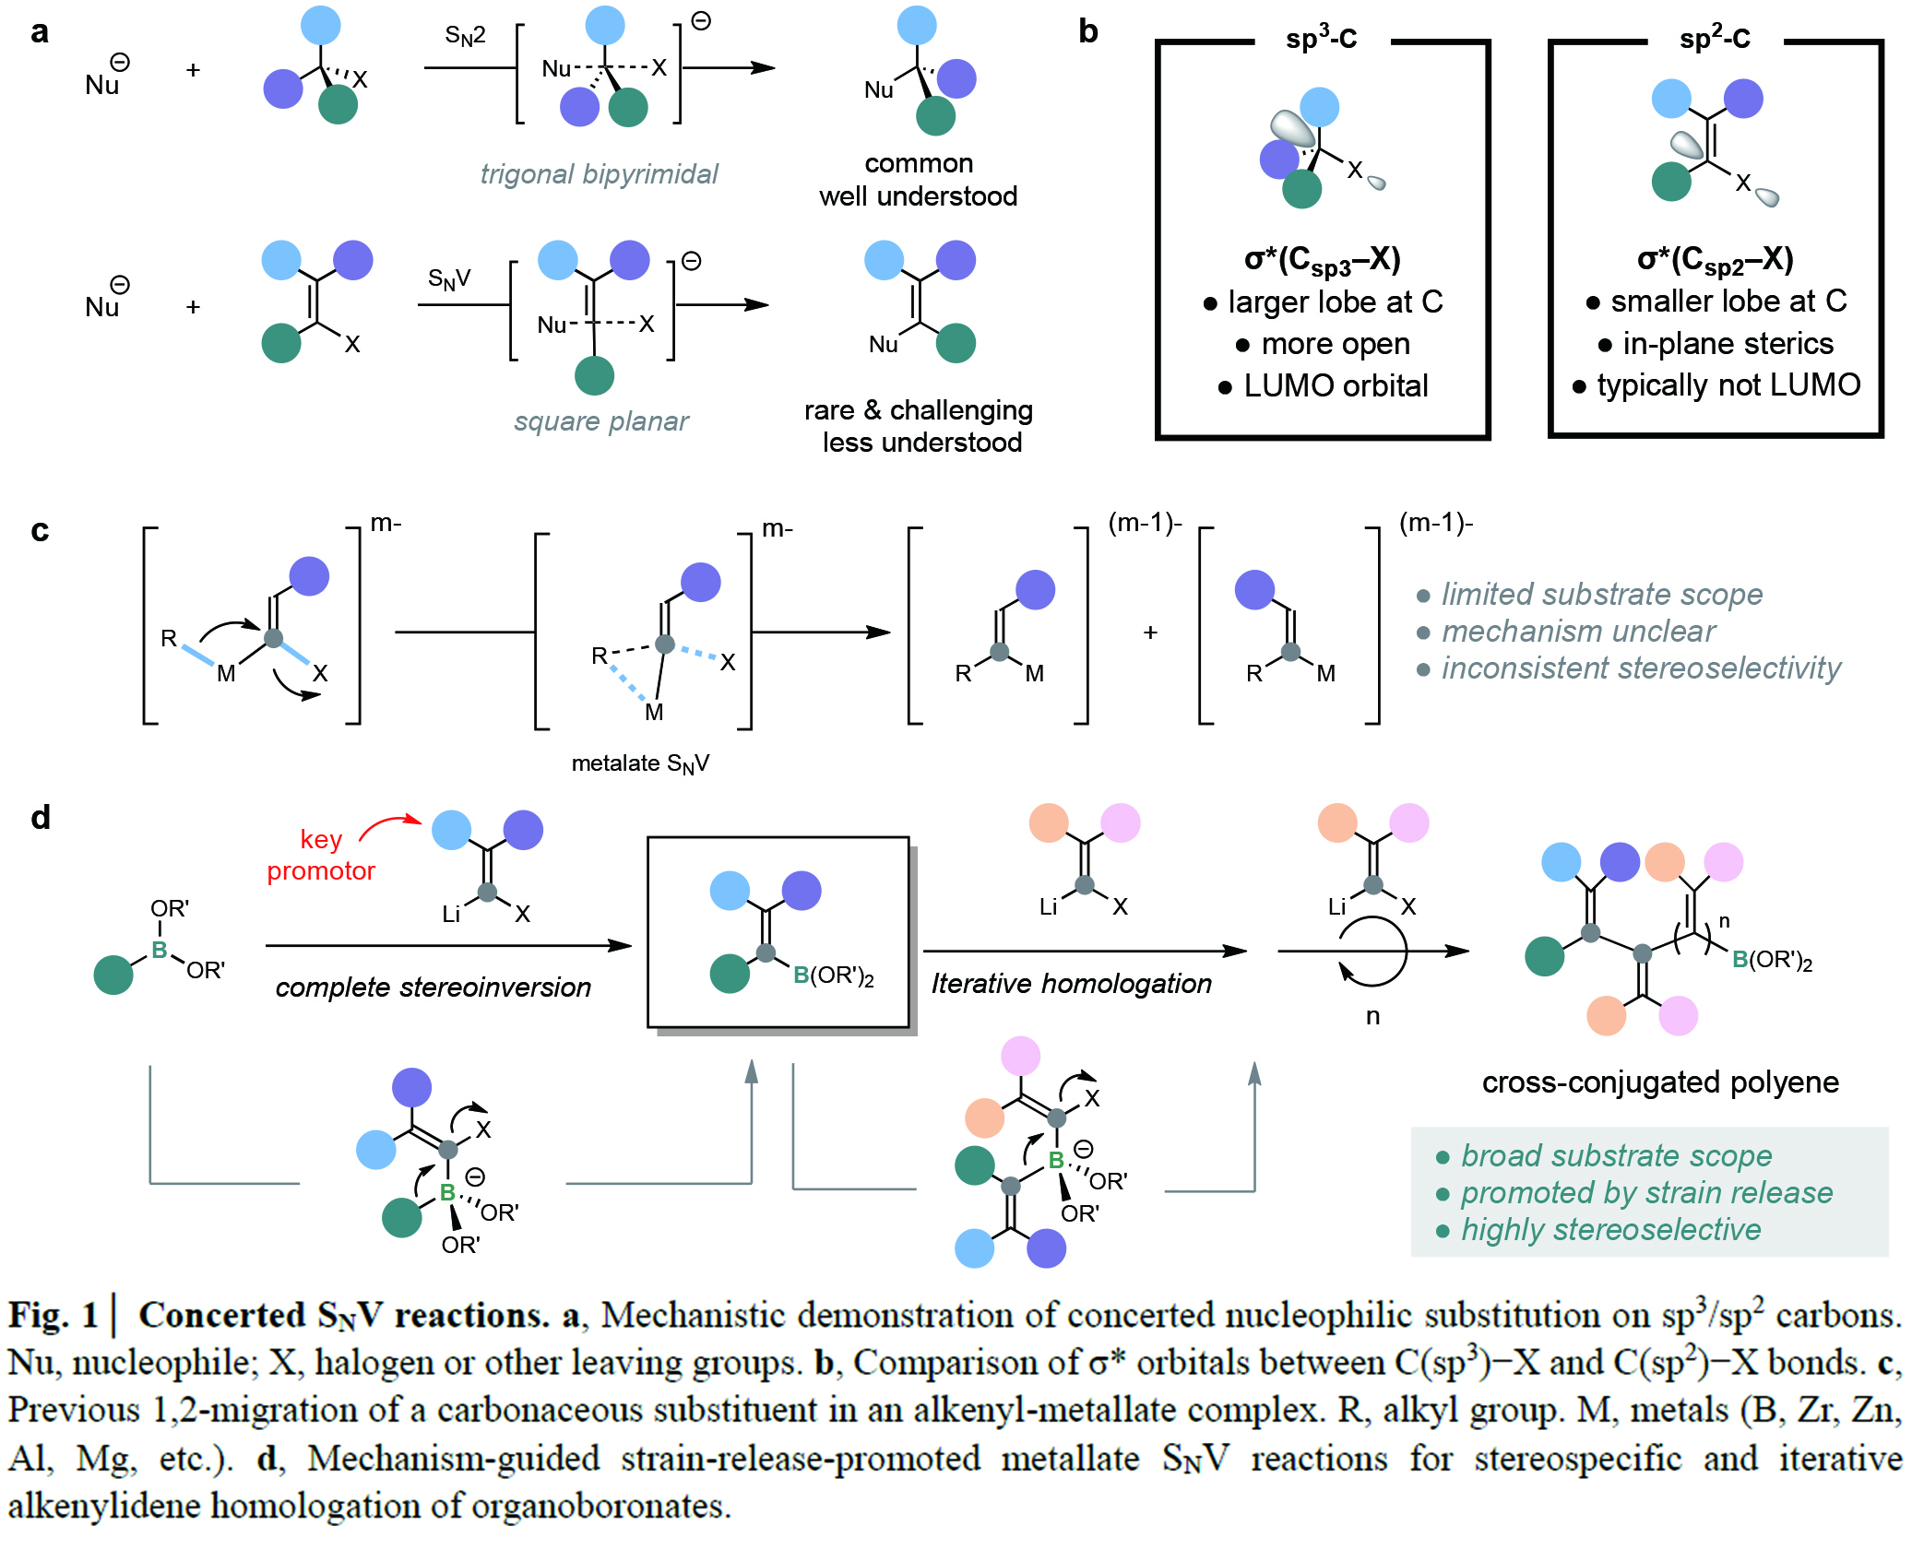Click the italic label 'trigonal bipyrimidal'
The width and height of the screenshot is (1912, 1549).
pos(599,174)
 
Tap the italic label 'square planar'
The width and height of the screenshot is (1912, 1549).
pos(601,421)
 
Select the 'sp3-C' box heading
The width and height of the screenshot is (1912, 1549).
pos(1321,39)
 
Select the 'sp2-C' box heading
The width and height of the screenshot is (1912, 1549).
pos(1715,39)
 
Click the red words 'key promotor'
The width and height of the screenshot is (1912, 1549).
pos(321,855)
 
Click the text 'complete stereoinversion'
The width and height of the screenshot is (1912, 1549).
pos(433,987)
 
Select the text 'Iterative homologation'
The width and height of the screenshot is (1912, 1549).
pos(1071,984)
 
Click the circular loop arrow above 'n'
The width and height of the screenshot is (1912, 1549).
pos(1373,952)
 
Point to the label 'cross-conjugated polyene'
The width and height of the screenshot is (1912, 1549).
pos(1660,1082)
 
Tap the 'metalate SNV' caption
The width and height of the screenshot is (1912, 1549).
pos(640,764)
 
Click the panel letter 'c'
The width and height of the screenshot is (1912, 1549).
pos(40,531)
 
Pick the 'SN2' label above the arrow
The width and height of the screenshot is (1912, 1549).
pos(465,36)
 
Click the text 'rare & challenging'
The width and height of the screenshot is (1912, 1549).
pos(918,410)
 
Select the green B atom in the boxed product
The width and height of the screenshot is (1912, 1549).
pos(801,976)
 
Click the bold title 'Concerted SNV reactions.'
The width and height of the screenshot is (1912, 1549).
pos(343,1316)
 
